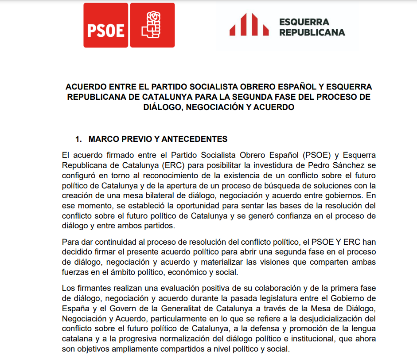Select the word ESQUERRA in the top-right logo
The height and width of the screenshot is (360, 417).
(304, 22)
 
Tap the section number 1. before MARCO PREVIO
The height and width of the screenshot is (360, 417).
(78, 139)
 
